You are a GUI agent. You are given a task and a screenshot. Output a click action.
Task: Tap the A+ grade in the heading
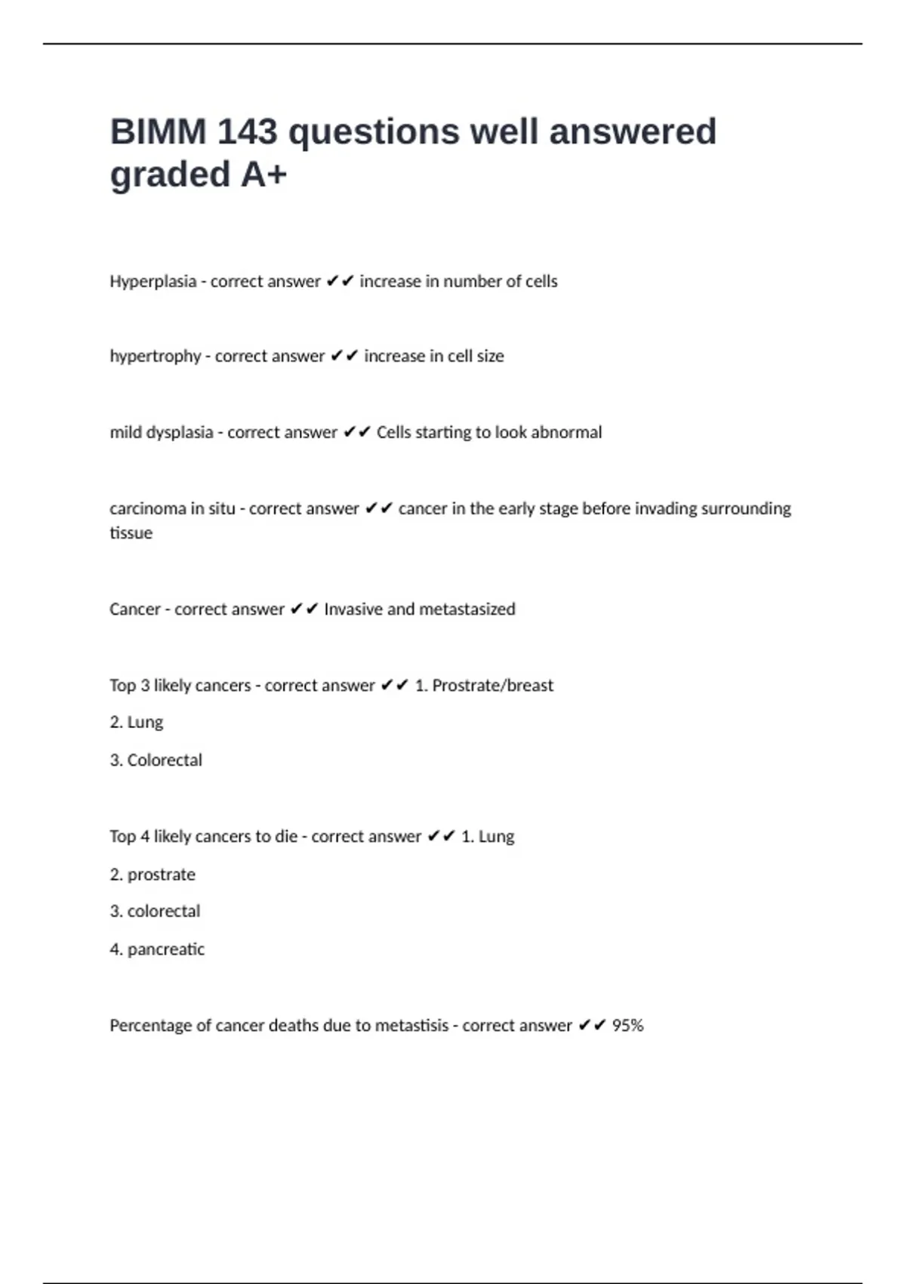point(264,174)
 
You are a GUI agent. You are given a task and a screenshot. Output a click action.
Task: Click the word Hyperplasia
point(153,282)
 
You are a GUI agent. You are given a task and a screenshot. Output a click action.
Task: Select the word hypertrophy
point(155,356)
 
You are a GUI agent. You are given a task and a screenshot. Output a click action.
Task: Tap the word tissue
point(131,533)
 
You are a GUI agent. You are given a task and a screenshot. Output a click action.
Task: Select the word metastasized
point(467,610)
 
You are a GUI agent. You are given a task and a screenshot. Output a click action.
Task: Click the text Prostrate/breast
point(492,686)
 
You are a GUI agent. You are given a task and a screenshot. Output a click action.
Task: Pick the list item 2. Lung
point(137,723)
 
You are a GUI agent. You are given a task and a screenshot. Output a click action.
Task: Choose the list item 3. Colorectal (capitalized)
point(156,761)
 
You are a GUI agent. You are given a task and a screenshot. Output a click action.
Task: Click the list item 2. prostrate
point(153,875)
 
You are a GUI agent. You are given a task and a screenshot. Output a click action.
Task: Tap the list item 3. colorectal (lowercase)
point(155,912)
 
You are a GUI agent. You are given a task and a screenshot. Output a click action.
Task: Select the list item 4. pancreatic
point(157,949)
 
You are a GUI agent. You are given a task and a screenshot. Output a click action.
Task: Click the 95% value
point(627,1026)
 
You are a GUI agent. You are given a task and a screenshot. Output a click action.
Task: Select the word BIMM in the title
point(158,132)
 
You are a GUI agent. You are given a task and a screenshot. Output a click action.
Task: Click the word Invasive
point(353,610)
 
